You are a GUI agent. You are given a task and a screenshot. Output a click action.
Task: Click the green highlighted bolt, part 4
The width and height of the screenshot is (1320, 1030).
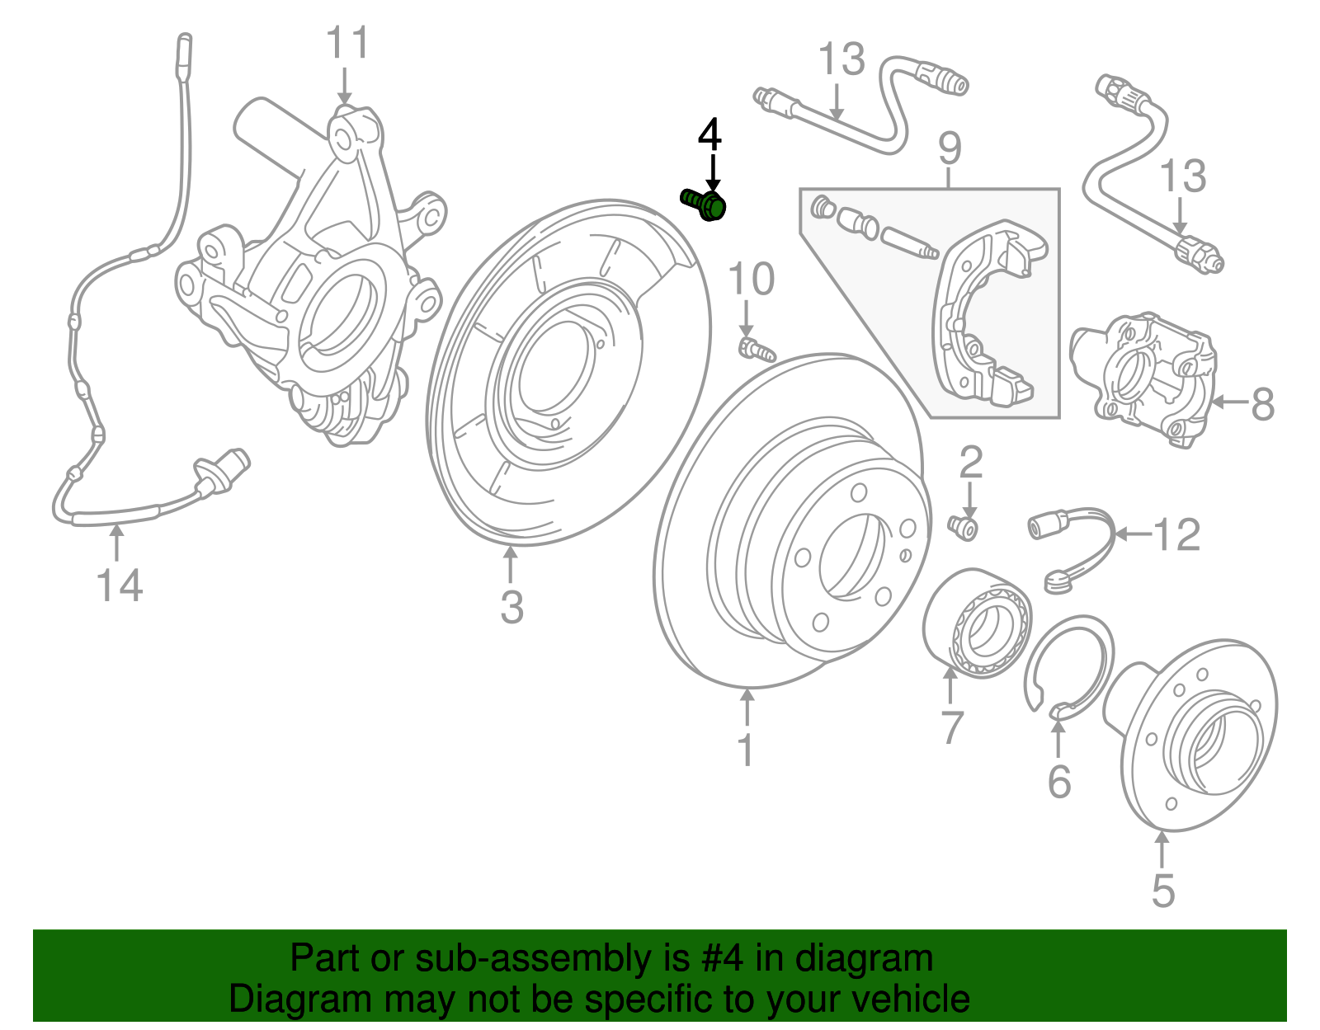point(704,203)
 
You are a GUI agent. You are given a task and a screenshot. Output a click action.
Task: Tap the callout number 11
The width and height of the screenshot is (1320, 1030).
point(346,43)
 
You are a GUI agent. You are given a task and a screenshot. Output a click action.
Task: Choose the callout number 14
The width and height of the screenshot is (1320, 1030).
point(120,586)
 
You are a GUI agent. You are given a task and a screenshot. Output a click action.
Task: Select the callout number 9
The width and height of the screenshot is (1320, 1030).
point(950,148)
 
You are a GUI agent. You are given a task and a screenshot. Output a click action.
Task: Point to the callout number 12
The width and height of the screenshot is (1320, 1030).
point(1176,536)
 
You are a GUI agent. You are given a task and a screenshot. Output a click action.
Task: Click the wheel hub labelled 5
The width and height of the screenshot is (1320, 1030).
point(1200,734)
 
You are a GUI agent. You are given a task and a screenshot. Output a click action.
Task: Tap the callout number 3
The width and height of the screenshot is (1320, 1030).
point(511,608)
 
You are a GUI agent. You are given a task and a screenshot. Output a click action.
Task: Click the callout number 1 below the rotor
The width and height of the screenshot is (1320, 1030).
point(746,750)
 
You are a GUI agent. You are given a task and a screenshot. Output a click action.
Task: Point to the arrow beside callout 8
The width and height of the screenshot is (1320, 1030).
point(1228,402)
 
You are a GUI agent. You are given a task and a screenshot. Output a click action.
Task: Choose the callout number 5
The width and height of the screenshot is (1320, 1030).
point(1162,891)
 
